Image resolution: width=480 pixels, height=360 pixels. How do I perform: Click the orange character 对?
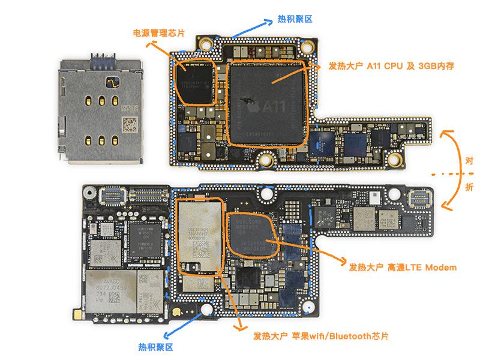tap(469, 160)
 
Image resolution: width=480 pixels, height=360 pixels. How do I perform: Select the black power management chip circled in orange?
tap(193, 83)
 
